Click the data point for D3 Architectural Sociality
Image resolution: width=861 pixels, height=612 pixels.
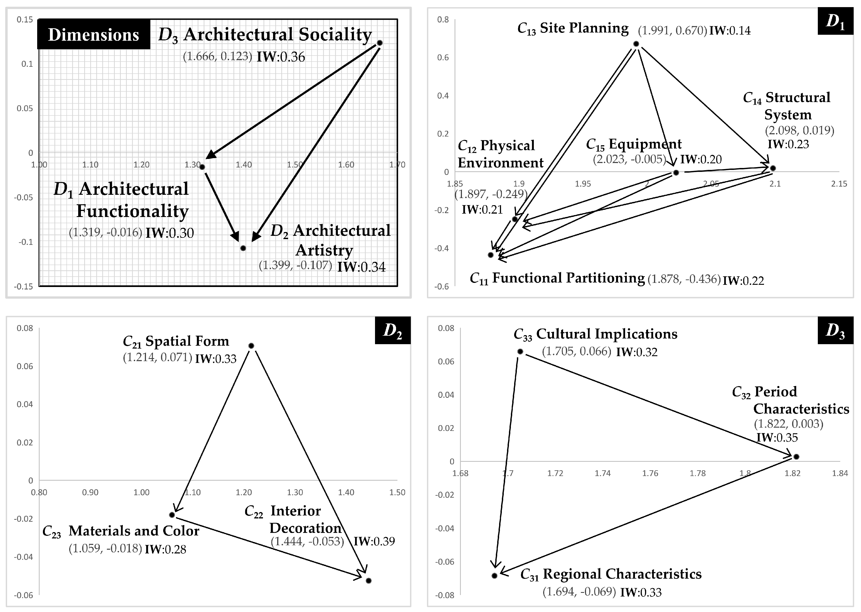pos(379,43)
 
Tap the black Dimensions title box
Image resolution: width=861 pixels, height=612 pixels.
pos(93,35)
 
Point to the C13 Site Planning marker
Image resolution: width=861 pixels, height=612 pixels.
pos(636,44)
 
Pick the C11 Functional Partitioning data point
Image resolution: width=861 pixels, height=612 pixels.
pos(491,255)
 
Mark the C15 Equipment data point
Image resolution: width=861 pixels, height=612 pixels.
pos(676,173)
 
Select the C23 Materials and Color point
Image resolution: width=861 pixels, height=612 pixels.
pos(172,515)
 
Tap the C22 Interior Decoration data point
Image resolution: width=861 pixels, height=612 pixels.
pos(368,581)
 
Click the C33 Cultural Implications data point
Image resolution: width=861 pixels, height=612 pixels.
pos(520,352)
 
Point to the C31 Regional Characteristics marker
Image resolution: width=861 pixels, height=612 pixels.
pos(495,575)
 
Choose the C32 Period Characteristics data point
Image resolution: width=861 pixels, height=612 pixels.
pos(796,457)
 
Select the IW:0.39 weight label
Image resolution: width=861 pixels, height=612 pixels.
pos(374,541)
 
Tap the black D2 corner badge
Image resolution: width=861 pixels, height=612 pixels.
pos(392,330)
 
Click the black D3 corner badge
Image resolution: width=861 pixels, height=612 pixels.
pos(835,330)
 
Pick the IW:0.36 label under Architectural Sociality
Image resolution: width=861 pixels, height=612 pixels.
pos(281,57)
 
